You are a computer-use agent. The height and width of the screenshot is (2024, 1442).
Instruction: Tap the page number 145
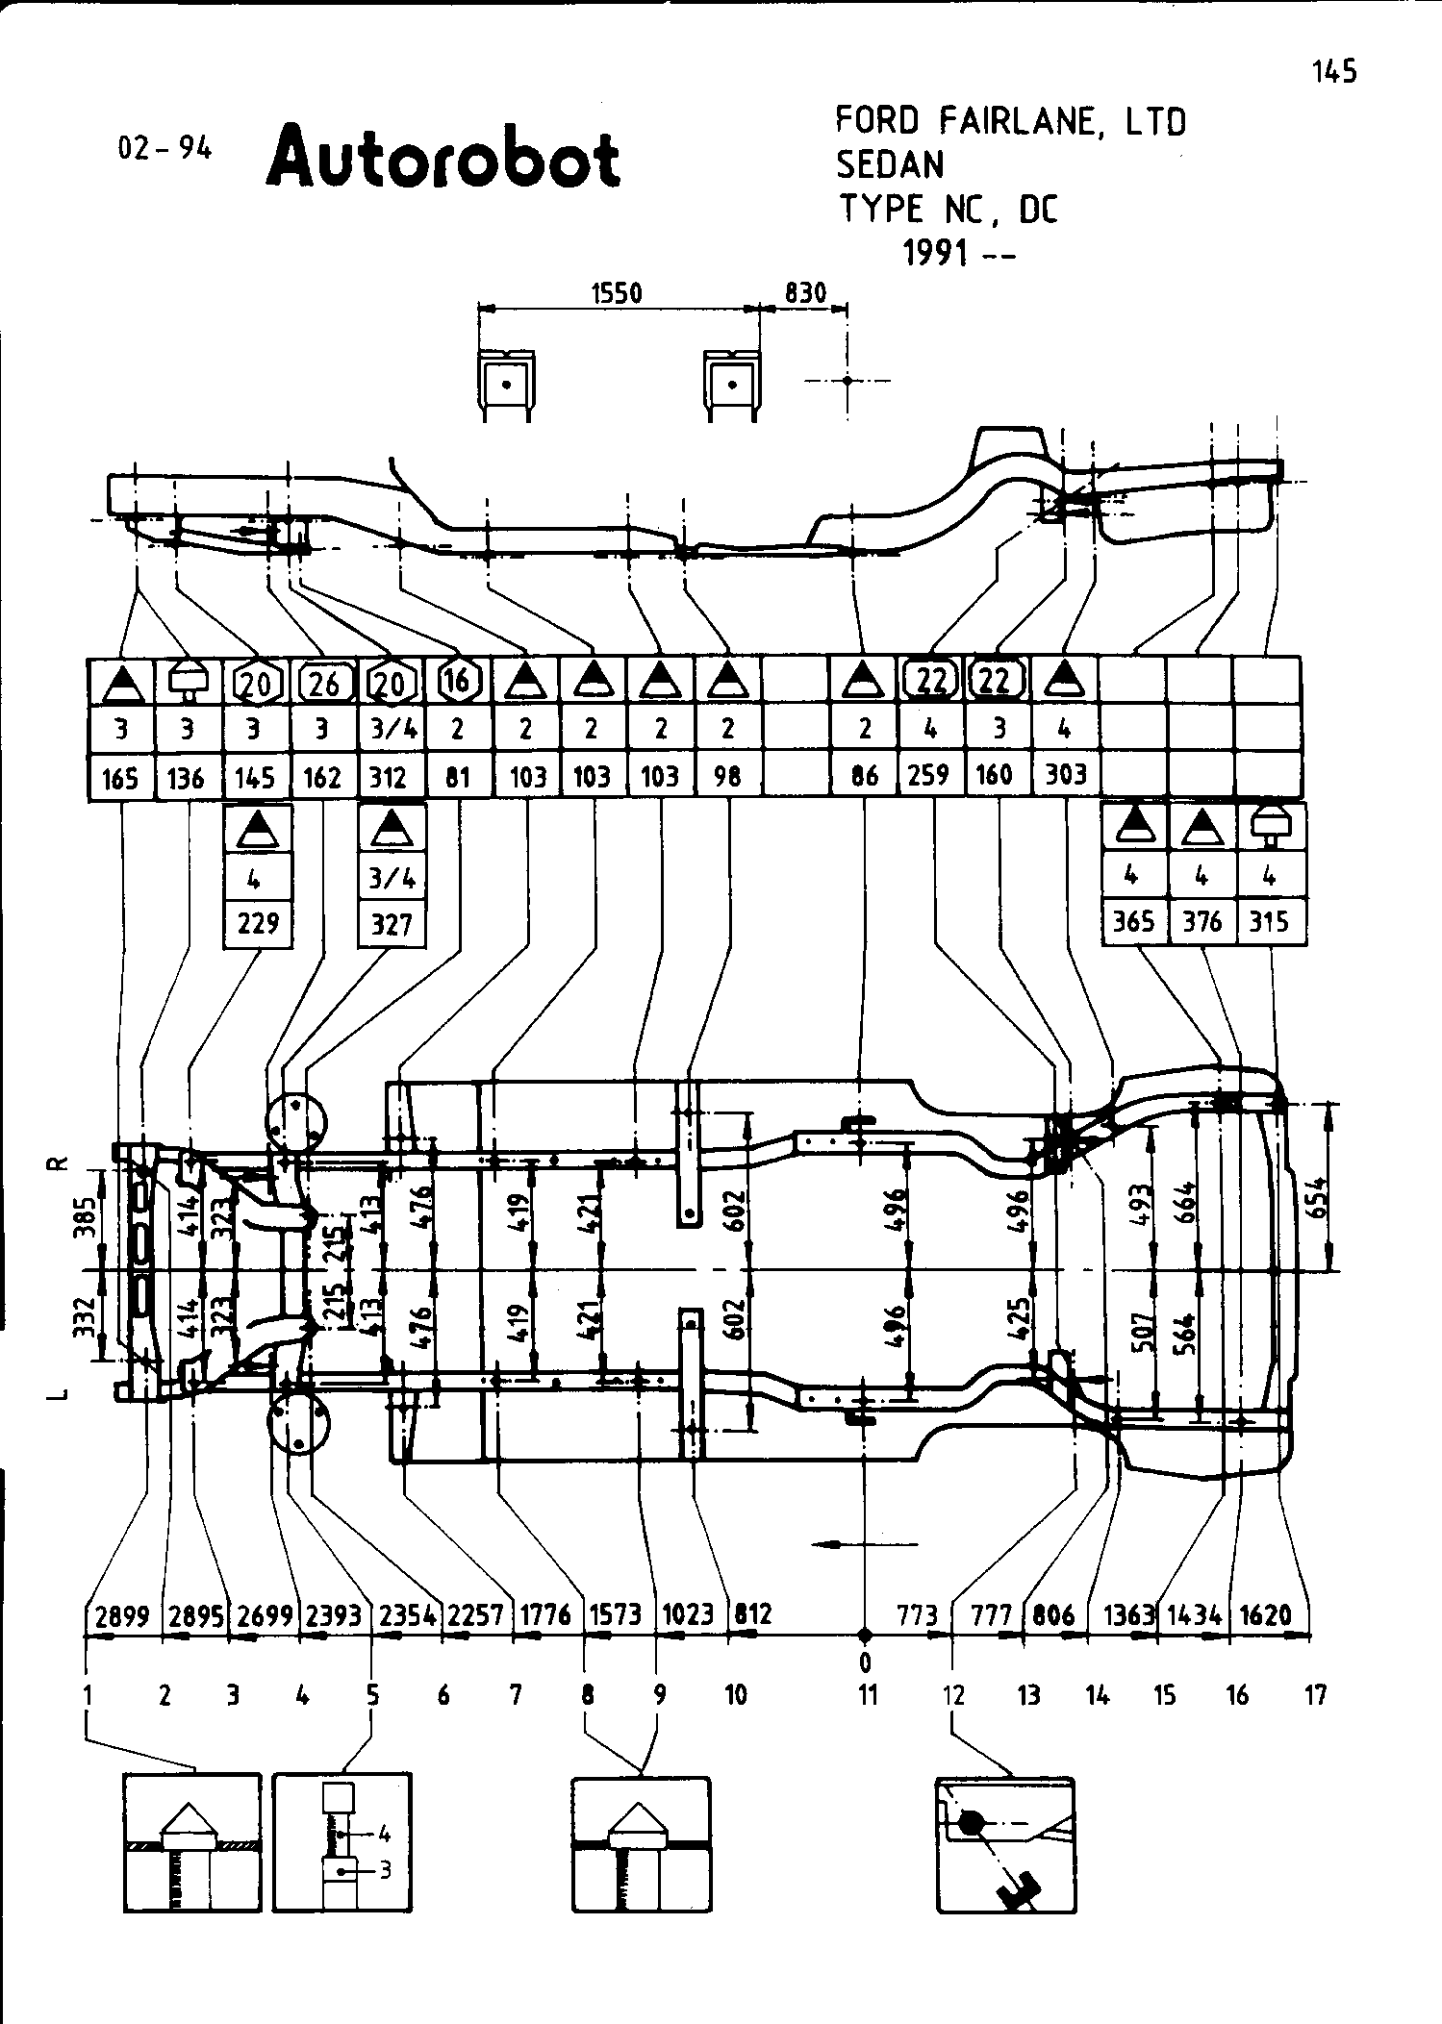1333,71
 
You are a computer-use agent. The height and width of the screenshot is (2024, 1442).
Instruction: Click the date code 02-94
164,149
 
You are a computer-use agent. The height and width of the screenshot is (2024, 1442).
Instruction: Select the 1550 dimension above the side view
617,292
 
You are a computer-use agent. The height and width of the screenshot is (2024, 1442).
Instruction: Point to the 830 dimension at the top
805,292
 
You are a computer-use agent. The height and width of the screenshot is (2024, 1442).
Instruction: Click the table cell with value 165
120,777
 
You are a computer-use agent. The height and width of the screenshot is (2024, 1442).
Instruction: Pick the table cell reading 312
389,777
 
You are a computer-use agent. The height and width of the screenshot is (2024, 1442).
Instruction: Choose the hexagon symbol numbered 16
457,681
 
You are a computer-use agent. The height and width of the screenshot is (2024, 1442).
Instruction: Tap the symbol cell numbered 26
323,683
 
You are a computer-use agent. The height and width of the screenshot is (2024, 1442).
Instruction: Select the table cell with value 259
929,775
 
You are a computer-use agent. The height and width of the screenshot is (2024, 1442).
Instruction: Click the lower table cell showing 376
1202,922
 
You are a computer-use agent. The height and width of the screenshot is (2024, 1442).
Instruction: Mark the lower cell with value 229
257,923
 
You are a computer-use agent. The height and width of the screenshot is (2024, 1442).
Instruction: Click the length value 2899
122,1614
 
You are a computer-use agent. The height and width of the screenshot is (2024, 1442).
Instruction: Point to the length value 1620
1266,1614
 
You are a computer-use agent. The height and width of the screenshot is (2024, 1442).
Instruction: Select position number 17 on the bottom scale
1315,1694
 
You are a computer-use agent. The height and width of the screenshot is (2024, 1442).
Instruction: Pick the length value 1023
689,1614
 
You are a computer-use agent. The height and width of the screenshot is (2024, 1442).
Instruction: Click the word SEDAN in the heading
890,166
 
